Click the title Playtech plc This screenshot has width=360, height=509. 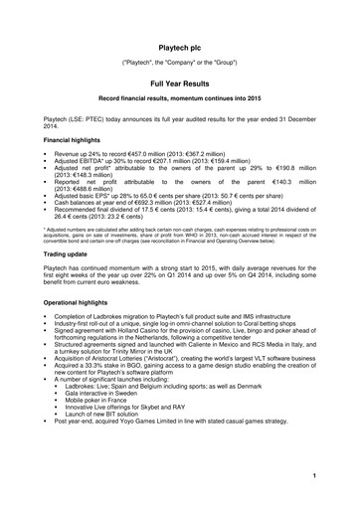click(x=180, y=48)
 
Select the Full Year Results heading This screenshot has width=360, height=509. click(x=180, y=86)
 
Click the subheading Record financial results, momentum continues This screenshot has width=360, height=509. click(x=180, y=104)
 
